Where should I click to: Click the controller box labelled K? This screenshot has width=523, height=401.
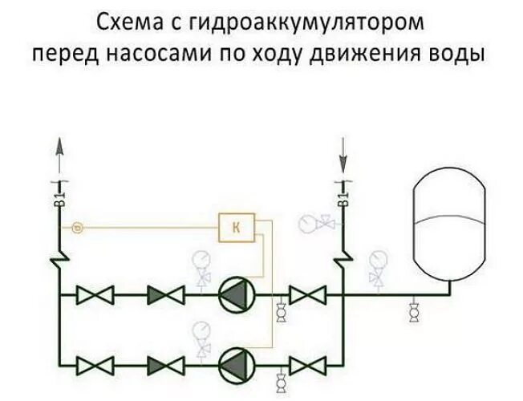click(x=236, y=228)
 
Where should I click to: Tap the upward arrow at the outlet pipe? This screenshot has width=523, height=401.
click(x=60, y=152)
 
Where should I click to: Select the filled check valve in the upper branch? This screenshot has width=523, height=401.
click(x=166, y=296)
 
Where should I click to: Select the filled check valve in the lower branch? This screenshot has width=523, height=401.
click(x=166, y=365)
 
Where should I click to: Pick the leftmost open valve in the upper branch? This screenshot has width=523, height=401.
click(x=95, y=296)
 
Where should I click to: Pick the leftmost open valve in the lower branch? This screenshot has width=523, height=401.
click(x=95, y=365)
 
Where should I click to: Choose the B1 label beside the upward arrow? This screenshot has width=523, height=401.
click(x=60, y=193)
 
